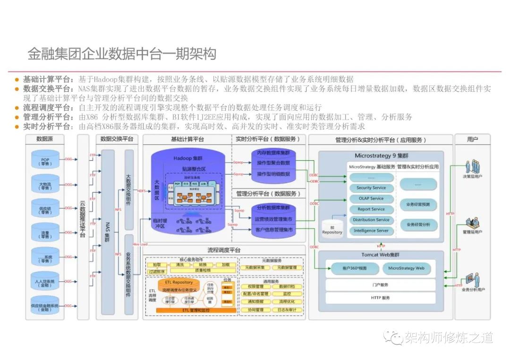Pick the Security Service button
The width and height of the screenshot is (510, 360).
tap(371, 188)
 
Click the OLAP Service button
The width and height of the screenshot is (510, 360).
tap(371, 198)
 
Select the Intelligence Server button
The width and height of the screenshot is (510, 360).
tap(371, 230)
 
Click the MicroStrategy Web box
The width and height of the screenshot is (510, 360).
tap(406, 269)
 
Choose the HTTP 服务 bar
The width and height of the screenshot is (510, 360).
tap(380, 298)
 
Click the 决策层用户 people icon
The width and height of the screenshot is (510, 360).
tap(472, 167)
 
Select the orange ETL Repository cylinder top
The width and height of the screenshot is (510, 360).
tap(178, 282)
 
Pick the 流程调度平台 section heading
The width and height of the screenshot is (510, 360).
tap(224, 250)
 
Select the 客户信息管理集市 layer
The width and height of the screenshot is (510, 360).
tap(273, 229)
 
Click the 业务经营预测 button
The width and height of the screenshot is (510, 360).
tap(418, 205)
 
